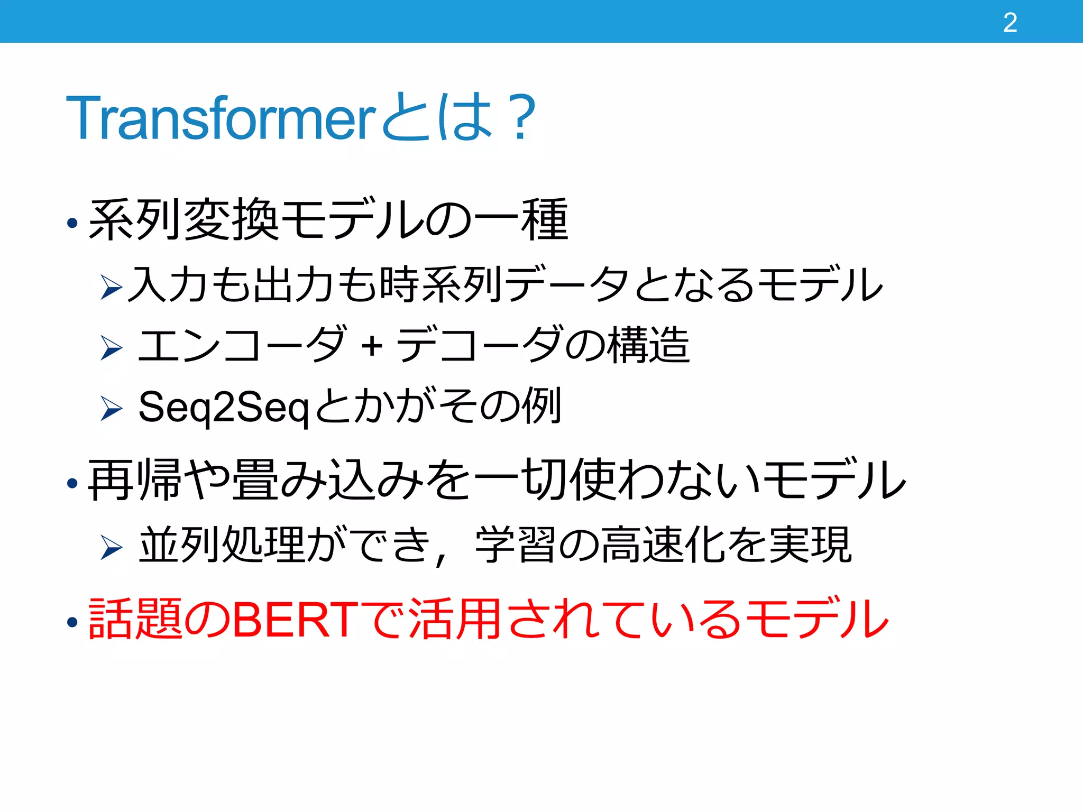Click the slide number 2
[1009, 23]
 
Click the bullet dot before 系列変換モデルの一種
[73, 223]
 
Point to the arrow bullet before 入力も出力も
[111, 287]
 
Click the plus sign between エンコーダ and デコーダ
[372, 346]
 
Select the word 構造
[649, 345]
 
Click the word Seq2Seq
[223, 408]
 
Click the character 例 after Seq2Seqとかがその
[541, 406]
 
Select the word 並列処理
[222, 545]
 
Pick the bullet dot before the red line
[73, 623]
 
